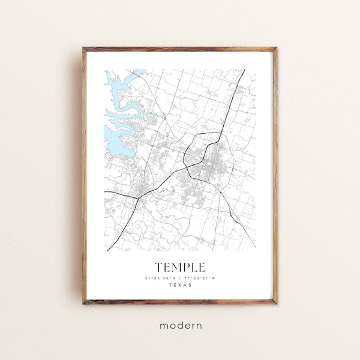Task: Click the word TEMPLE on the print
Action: [180, 266]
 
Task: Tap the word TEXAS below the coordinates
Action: [180, 285]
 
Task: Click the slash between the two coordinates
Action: [180, 277]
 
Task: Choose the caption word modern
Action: [181, 326]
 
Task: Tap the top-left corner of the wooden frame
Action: [84, 47]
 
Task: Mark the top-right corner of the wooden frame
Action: [277, 47]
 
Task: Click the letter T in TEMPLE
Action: [158, 266]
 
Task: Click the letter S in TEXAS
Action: [191, 285]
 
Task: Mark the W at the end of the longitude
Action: [214, 277]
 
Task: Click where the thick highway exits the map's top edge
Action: [244, 70]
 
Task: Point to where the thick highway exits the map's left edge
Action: [106, 192]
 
